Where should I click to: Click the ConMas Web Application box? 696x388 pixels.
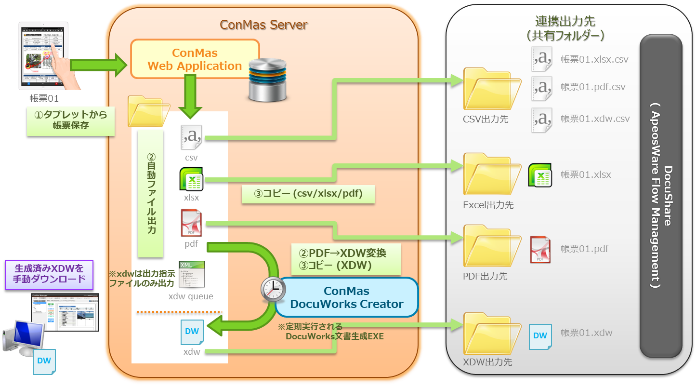click(195, 59)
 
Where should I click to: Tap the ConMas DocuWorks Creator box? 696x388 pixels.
click(346, 297)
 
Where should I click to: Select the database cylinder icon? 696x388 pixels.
click(267, 80)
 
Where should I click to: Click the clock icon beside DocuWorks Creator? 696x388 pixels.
click(273, 289)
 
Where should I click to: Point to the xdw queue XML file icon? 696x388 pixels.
click(191, 274)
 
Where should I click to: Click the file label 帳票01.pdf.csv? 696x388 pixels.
click(593, 87)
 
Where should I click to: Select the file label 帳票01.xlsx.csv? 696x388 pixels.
click(594, 60)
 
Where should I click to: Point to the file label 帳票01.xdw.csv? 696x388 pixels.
click(595, 119)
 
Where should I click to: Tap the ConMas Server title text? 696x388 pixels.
click(263, 25)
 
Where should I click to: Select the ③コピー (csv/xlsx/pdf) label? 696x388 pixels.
click(308, 194)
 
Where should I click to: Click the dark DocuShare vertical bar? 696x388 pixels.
click(661, 197)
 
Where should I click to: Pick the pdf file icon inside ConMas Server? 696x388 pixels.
click(191, 223)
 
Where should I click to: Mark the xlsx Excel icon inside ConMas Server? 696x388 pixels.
click(191, 179)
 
